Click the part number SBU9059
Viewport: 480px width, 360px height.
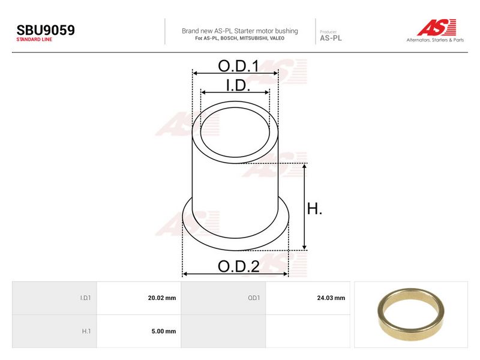click(46, 30)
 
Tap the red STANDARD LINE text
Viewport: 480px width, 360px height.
click(34, 40)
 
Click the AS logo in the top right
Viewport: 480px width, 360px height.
click(437, 28)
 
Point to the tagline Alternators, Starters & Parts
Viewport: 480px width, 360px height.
click(435, 40)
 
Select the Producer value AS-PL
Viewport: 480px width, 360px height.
click(331, 38)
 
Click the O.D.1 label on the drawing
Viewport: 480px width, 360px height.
click(238, 66)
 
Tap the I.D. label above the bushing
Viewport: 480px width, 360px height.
click(238, 85)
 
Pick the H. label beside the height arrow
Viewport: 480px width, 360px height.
click(314, 209)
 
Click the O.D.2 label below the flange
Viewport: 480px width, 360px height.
click(239, 266)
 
